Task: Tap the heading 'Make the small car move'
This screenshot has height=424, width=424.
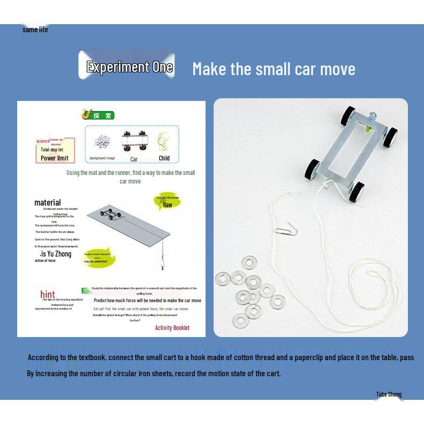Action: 274,69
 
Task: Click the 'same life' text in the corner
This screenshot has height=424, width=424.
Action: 35,30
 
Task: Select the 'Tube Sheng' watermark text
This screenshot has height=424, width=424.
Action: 389,394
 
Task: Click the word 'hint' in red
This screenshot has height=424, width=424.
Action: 48,294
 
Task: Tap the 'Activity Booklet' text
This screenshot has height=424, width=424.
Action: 172,327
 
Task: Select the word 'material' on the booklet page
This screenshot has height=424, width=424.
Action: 47,202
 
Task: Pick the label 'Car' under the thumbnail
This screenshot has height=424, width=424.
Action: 134,159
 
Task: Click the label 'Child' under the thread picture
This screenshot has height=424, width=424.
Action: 164,158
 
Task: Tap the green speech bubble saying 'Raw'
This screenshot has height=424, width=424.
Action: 167,202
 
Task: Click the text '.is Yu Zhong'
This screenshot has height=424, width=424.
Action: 55,254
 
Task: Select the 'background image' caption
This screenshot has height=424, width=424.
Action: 102,158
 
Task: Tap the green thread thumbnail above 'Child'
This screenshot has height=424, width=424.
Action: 164,142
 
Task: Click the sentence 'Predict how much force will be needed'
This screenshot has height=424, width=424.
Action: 147,301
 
